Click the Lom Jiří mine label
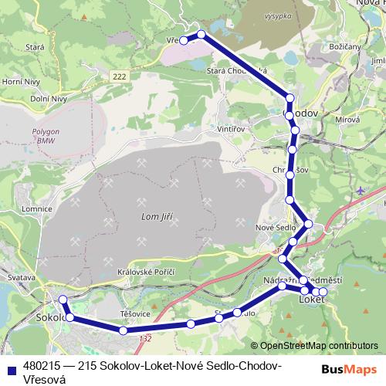pyautogui.click(x=157, y=217)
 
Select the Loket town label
pyautogui.click(x=311, y=298)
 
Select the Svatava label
pyautogui.click(x=18, y=276)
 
